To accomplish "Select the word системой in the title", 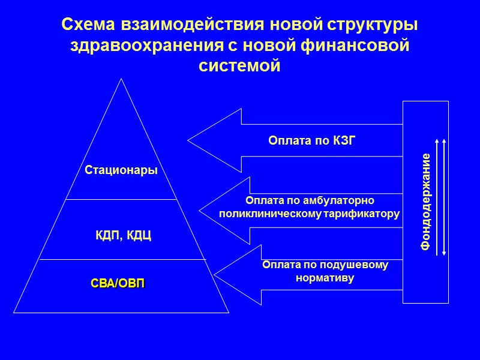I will (239, 65).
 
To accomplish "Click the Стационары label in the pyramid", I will (121, 170).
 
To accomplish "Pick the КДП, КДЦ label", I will (124, 235).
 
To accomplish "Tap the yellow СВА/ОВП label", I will (118, 283).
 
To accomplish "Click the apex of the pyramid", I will (122, 79).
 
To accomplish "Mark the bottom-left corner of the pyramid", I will (14, 312).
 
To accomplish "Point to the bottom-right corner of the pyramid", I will (229, 312).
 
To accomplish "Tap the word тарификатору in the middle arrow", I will (362, 214).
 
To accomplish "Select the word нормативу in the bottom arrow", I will (325, 278).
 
